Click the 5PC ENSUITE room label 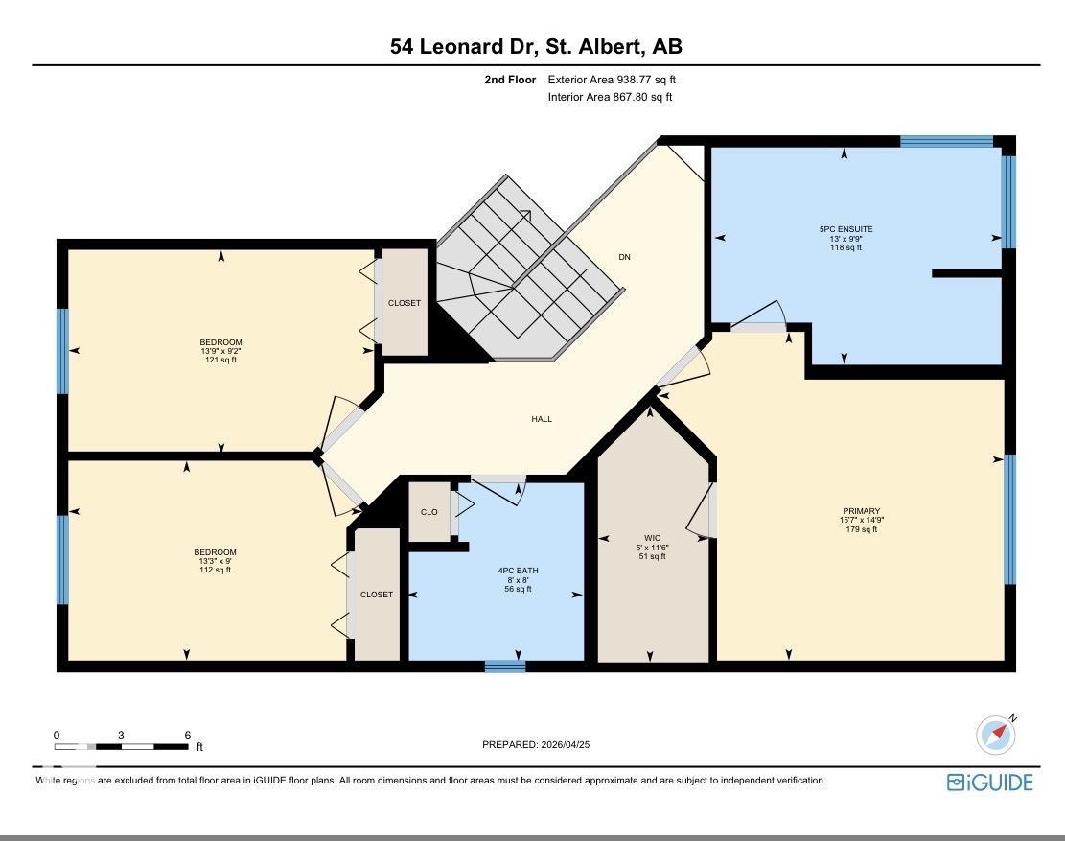[845, 229]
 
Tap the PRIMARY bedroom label [861, 511]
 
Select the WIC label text [652, 538]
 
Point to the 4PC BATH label [518, 571]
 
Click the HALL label [542, 419]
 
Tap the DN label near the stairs [624, 257]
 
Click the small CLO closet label [429, 512]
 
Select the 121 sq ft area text [220, 360]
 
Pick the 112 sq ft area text [216, 570]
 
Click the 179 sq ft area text [861, 529]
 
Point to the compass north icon [996, 735]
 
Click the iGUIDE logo [989, 783]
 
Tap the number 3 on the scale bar [121, 735]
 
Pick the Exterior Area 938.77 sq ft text [612, 80]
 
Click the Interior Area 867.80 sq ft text [610, 97]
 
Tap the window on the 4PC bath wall [505, 666]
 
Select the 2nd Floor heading [510, 80]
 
